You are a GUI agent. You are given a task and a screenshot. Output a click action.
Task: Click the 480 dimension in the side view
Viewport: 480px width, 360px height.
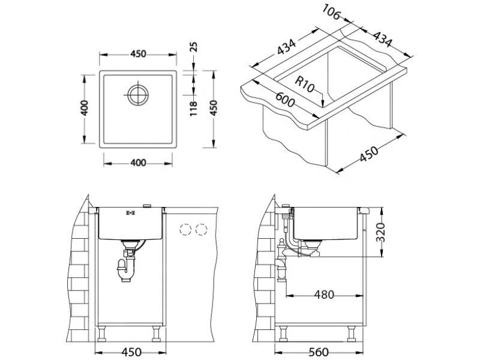[x=323, y=295]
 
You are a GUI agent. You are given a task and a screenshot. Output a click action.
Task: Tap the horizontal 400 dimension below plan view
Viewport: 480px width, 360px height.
[x=138, y=162]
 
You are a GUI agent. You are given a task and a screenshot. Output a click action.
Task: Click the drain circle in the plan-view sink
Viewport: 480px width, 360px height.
[x=137, y=94]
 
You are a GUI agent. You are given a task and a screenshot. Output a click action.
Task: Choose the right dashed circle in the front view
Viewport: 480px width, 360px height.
[x=201, y=229]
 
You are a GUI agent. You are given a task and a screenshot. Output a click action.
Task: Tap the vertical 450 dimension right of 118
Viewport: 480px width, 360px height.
[x=213, y=109]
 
